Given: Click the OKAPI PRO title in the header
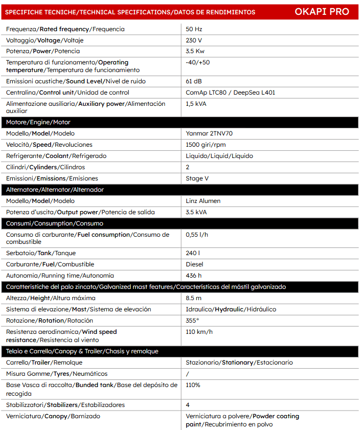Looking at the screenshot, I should pos(322,12).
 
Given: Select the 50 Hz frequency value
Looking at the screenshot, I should pos(194,29).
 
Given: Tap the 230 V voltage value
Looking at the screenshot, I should pos(194,40).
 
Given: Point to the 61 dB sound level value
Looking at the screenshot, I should pos(194,81).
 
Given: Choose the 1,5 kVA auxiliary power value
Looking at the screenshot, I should pos(196,104).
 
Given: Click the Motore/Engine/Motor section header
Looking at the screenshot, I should pos(38,122).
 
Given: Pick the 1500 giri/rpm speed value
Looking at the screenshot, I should pos(206,145).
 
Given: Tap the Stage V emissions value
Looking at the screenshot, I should pos(197,178).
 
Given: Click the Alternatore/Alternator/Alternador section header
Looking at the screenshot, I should pos(55,190).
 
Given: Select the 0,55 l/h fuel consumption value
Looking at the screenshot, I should pos(197,235).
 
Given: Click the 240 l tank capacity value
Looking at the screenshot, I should pos(193,253).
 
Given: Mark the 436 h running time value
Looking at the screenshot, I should pos(194,276).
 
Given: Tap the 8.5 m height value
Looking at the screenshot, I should pos(194,298).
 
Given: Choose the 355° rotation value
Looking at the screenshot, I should pos(192,321).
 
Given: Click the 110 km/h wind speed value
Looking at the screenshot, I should pos(199,332).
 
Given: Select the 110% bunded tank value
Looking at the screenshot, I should pos(193,385).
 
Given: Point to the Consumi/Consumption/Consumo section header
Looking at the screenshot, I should pos(55,223).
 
